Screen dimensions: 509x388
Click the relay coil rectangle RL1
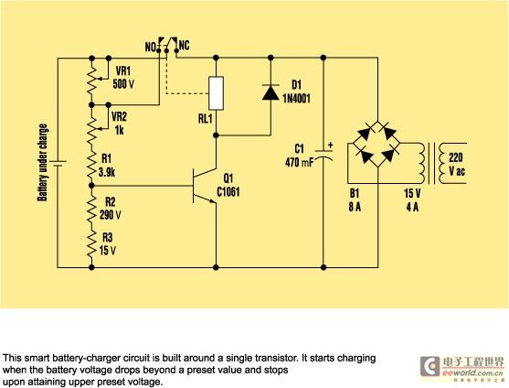point(216,93)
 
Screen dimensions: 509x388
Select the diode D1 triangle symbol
point(270,92)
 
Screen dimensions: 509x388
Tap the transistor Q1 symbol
point(204,186)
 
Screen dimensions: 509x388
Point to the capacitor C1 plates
point(323,156)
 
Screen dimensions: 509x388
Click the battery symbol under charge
point(58,164)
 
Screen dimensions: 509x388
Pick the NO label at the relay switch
point(150,48)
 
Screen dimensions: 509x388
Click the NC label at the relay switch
point(184,46)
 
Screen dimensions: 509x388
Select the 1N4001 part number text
point(296,98)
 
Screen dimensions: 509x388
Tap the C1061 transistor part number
point(228,192)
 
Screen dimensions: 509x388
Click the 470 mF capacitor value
point(300,162)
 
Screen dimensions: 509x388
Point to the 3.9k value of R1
point(107,172)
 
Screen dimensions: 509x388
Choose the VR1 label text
point(122,70)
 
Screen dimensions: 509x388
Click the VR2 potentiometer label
point(119,116)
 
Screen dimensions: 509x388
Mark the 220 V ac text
point(457,164)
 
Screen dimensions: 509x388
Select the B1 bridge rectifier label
point(355,193)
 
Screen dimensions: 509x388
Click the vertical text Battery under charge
point(43,163)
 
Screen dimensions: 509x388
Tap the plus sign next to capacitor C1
point(331,145)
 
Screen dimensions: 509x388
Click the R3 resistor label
point(108,238)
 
